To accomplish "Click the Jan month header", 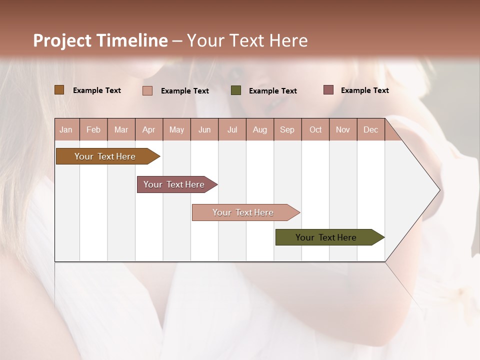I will [x=66, y=129].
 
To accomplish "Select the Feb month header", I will [x=93, y=129].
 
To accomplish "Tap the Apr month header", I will [x=148, y=129].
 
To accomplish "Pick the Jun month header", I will [x=204, y=129].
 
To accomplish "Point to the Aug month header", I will [x=259, y=129].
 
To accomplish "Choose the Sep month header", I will [x=287, y=129].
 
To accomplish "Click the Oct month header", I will [x=315, y=129].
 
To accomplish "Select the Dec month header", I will [x=370, y=129].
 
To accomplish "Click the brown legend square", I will [x=59, y=90].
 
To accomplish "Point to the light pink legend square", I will [x=147, y=90].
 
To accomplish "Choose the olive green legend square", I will [x=236, y=90].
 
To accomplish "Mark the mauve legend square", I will [x=328, y=90].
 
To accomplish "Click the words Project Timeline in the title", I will [x=100, y=40].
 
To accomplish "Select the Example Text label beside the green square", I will [x=272, y=90].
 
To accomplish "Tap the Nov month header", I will [x=343, y=129].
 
